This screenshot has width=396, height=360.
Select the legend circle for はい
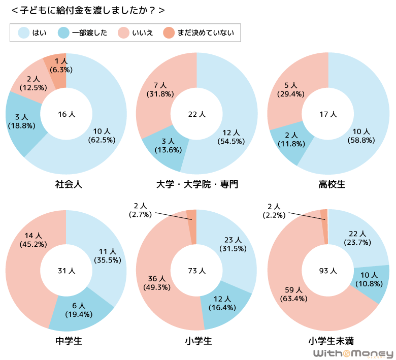(x=23, y=33)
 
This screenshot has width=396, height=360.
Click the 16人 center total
(x=66, y=114)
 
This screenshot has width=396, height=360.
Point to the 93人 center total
(x=328, y=271)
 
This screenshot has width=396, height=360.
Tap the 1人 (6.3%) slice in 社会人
(x=57, y=71)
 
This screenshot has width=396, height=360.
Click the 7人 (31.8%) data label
(x=159, y=89)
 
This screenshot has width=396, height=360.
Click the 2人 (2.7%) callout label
(x=140, y=210)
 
